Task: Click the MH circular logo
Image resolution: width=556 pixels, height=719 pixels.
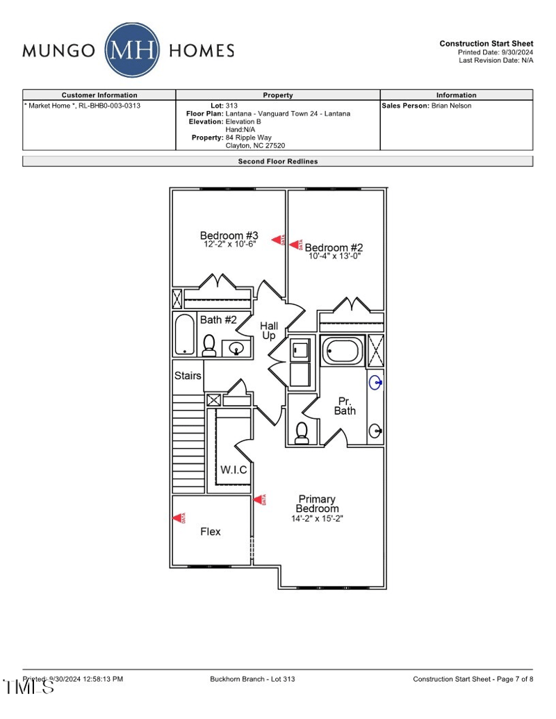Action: (x=132, y=50)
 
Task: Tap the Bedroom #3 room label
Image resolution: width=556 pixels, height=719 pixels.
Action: (x=229, y=235)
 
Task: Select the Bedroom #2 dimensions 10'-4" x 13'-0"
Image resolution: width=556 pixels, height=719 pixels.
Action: (x=334, y=256)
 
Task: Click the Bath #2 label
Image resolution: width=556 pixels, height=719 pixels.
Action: (x=218, y=320)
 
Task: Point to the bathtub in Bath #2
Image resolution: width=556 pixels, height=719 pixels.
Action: (x=185, y=335)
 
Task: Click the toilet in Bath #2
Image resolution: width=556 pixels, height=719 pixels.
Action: (x=208, y=345)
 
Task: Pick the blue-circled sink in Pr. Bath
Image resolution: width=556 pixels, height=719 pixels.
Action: (x=375, y=382)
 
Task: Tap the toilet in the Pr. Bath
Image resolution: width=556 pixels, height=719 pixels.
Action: (x=302, y=433)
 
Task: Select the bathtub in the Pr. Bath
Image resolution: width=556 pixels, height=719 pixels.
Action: (x=342, y=351)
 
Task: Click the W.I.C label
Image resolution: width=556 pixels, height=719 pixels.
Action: (x=234, y=470)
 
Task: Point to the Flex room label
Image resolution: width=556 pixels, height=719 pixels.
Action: (x=211, y=531)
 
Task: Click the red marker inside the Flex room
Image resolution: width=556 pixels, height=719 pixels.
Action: (x=180, y=518)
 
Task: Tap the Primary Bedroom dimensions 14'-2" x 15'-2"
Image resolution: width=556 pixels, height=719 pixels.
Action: (x=317, y=518)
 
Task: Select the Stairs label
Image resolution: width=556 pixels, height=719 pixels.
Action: (x=188, y=376)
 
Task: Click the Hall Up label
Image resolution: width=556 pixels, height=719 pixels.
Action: (x=269, y=331)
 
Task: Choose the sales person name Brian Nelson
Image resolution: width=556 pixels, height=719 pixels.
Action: (x=451, y=106)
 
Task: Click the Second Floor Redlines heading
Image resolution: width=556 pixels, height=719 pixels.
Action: (x=278, y=161)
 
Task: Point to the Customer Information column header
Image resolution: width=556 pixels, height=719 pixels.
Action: (x=99, y=95)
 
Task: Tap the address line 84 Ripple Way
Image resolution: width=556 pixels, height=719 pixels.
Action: (x=248, y=138)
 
